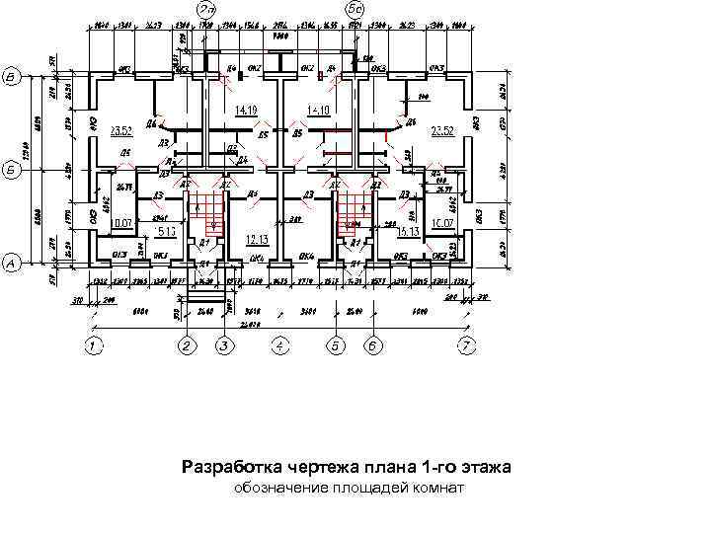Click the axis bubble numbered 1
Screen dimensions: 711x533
coord(93,345)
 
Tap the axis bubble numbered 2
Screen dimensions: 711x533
coord(187,345)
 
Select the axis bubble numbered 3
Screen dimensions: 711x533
coord(224,345)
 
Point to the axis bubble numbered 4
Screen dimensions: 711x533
coord(280,345)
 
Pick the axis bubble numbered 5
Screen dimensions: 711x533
coord(336,345)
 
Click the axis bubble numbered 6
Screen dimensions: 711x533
coord(373,345)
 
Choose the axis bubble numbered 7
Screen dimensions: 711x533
coord(467,345)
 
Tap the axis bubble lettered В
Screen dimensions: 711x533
coord(12,76)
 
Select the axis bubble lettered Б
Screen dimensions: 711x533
coord(12,169)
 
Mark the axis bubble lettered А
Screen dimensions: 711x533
coord(12,264)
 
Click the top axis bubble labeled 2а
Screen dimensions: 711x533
coord(207,8)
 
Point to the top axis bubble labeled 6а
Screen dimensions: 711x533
coord(355,8)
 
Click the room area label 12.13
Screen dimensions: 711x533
coord(258,239)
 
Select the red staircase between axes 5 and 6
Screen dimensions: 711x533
coord(354,210)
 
